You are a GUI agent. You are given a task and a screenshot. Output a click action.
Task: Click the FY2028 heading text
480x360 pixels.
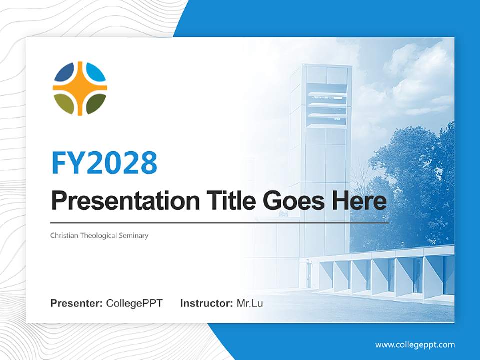104,163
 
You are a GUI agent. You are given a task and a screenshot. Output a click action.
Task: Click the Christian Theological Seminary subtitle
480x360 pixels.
99,235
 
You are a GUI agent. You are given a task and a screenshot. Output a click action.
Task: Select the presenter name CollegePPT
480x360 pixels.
134,303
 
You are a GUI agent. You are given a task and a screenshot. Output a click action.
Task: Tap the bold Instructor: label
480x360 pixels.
206,303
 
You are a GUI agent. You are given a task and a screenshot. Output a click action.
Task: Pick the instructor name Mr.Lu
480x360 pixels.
249,303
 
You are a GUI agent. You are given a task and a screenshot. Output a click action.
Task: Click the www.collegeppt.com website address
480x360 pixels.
415,344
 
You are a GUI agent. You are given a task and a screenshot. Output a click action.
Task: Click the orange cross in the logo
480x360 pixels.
80,89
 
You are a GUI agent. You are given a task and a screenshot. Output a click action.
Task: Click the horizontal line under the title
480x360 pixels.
219,223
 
